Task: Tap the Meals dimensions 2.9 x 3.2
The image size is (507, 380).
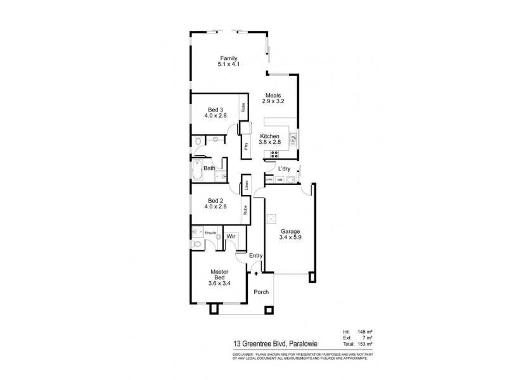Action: [273, 101]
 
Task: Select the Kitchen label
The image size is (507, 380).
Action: [270, 136]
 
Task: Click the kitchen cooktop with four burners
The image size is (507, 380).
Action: [275, 155]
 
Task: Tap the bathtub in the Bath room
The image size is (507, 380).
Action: [196, 171]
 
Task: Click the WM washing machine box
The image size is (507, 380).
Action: [279, 180]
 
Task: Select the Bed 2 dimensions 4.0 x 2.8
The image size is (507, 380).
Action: [215, 206]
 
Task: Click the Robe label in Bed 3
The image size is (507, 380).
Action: [243, 108]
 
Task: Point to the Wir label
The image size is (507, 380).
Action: [231, 236]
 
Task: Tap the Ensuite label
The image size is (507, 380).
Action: [210, 233]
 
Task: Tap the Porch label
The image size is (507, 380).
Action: [261, 292]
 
